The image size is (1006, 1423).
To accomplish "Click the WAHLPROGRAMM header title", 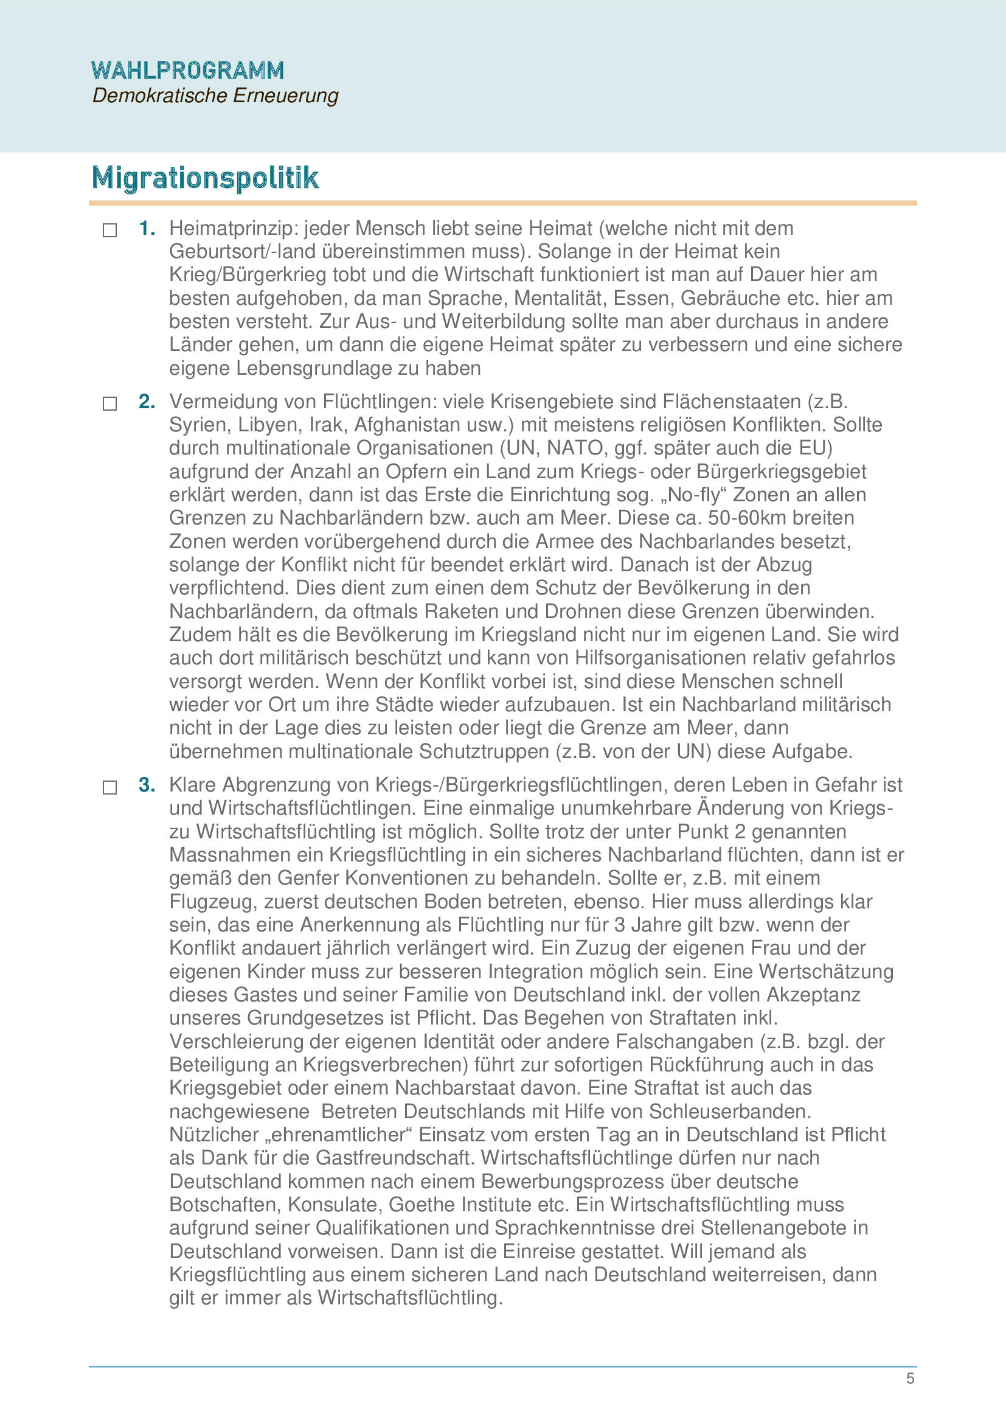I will [x=187, y=71].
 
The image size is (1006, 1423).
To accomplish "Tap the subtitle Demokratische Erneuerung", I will [x=215, y=96].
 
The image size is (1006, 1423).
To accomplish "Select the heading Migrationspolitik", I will [x=205, y=178].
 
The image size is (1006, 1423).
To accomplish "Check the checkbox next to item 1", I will [x=109, y=231].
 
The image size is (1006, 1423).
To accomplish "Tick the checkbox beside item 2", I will [x=109, y=404].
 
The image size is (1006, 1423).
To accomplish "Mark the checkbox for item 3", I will [x=109, y=787].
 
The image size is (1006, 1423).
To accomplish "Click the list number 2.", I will [x=147, y=402].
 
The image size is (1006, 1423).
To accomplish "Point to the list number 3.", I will [x=147, y=785].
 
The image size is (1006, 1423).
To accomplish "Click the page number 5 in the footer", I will [x=910, y=1379].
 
